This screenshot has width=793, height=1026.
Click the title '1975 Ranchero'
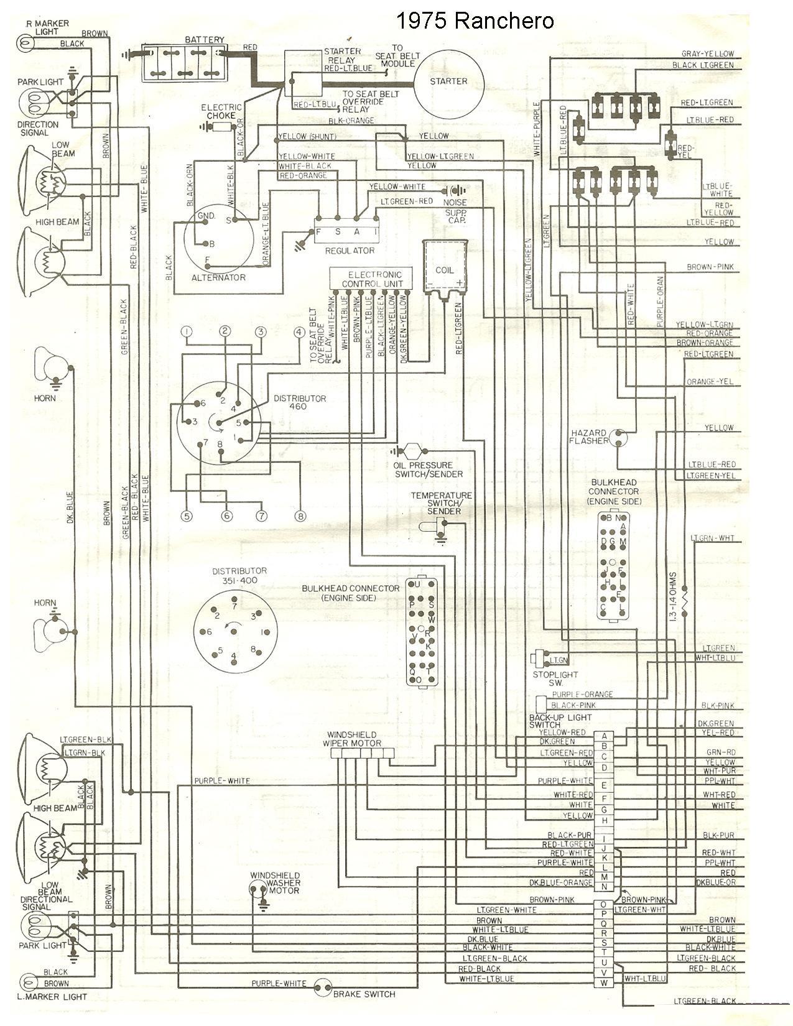[x=474, y=21]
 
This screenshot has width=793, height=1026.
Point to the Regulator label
[x=350, y=251]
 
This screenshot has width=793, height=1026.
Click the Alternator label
[x=218, y=277]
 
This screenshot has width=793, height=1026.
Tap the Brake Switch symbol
[x=322, y=987]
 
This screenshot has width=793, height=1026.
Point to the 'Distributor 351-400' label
[x=239, y=576]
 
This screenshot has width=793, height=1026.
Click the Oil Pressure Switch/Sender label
[x=429, y=469]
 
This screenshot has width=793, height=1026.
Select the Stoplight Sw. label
[x=555, y=678]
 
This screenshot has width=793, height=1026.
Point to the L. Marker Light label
[x=53, y=997]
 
